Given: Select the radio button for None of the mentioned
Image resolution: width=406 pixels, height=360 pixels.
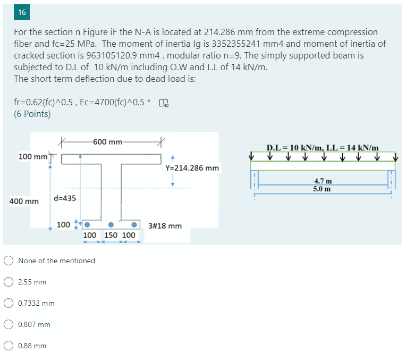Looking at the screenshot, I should click(x=9, y=261).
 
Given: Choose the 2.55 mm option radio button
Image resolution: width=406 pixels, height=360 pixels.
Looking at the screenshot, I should click(x=9, y=282).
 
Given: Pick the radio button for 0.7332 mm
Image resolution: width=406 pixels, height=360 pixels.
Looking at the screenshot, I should click(x=9, y=303).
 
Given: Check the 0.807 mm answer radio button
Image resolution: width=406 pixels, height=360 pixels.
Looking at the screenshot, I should click(x=9, y=324).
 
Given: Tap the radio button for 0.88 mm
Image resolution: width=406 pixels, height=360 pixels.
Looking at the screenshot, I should click(x=9, y=346).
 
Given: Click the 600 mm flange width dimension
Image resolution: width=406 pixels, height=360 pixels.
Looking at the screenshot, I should click(x=108, y=142).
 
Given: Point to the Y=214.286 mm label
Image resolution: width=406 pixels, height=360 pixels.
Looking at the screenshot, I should click(x=192, y=168).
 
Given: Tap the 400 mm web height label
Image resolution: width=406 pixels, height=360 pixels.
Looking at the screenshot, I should click(x=24, y=202).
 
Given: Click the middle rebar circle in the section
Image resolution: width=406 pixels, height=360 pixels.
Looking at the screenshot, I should click(x=111, y=224).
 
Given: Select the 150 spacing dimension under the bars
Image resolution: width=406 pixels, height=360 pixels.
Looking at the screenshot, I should click(x=111, y=235).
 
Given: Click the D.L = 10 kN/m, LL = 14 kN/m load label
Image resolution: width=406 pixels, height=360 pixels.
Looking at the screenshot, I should click(x=322, y=147).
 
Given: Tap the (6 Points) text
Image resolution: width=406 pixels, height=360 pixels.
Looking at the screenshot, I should click(x=32, y=114).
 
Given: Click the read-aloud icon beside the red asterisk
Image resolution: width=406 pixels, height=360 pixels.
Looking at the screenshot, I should click(x=163, y=103).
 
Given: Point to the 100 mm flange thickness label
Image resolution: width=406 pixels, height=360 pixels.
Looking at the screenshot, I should click(x=32, y=156).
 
